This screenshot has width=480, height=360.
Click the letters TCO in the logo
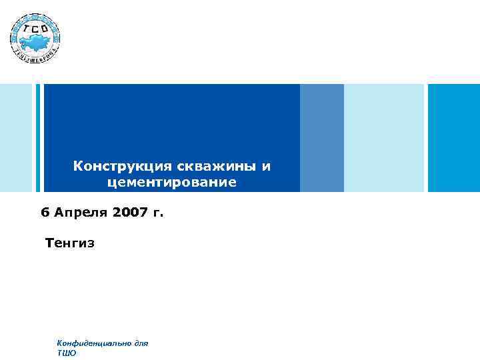coord(35,29)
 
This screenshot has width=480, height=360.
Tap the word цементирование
coord(171,181)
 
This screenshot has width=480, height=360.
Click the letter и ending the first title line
coord(267,165)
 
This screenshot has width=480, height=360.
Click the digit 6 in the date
coord(45,213)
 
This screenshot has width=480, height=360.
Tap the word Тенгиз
coord(70,243)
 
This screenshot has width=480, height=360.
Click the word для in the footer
coord(141,343)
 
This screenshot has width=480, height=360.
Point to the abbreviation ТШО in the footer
coord(67,353)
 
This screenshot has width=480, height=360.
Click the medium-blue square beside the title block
coord(322,138)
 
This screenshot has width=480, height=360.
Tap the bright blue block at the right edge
coord(453,138)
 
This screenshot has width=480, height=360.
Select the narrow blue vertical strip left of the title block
coord(38,138)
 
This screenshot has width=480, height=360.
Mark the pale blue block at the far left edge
coord(15,138)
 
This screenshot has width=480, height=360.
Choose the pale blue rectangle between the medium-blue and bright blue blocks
coord(384,138)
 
